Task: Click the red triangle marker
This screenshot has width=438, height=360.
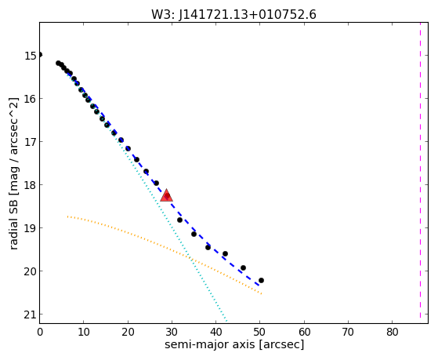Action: click(166, 195)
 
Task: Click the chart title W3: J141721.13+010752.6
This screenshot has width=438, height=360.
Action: click(233, 14)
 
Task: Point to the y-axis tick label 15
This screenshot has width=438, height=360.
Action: click(31, 56)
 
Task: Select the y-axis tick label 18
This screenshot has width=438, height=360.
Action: click(31, 185)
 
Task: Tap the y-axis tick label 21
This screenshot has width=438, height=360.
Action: click(31, 315)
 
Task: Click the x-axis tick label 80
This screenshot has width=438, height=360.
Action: click(393, 332)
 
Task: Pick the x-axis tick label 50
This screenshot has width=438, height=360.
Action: click(260, 332)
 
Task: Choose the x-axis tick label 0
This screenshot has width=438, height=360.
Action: click(40, 332)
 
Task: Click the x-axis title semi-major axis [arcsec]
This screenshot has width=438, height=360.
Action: click(234, 344)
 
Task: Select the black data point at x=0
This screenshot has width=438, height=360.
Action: click(40, 55)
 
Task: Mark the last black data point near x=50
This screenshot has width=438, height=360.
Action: click(261, 280)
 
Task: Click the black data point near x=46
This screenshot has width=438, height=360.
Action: click(243, 267)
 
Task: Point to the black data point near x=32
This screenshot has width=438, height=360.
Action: click(179, 220)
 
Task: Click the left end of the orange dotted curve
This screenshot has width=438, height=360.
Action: click(67, 216)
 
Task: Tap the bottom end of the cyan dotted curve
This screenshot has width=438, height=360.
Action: click(226, 321)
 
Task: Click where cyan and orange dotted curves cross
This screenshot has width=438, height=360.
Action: click(190, 259)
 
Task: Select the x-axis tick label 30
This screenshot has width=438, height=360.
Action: click(172, 332)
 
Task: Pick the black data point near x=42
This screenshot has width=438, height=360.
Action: click(225, 253)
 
